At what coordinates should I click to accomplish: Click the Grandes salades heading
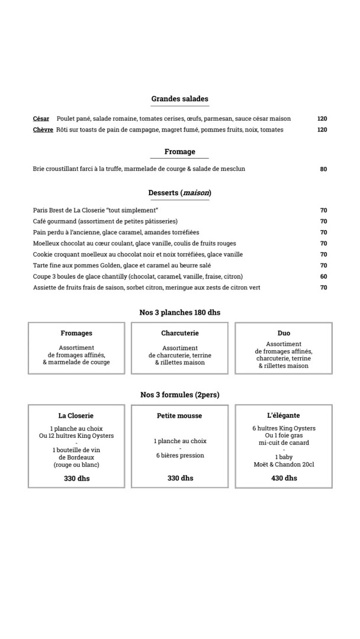pos(179,99)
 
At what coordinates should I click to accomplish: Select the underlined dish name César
pos(41,118)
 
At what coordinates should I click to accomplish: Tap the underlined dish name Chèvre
pos(43,130)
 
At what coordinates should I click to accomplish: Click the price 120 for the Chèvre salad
pos(322,130)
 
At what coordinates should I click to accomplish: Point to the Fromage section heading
pos(179,151)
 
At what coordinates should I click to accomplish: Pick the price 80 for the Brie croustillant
pos(323,169)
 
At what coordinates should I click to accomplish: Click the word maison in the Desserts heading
pos(196,193)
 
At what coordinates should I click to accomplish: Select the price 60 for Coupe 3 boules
pos(323,276)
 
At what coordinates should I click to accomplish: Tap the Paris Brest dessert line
pos(96,210)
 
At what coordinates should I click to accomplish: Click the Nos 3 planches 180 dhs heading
pos(179,312)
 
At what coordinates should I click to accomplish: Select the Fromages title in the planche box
pos(76,333)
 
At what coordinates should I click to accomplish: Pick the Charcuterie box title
pos(179,333)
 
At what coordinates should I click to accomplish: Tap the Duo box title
pos(284,333)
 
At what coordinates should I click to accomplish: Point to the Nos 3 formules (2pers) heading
pos(179,394)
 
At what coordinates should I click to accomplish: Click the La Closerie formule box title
pos(76,416)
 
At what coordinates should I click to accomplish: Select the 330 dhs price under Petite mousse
pos(180,478)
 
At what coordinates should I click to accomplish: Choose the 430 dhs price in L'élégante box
pos(284,478)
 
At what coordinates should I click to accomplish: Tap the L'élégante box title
pos(284,416)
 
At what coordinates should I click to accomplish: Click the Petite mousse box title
pos(179,416)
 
